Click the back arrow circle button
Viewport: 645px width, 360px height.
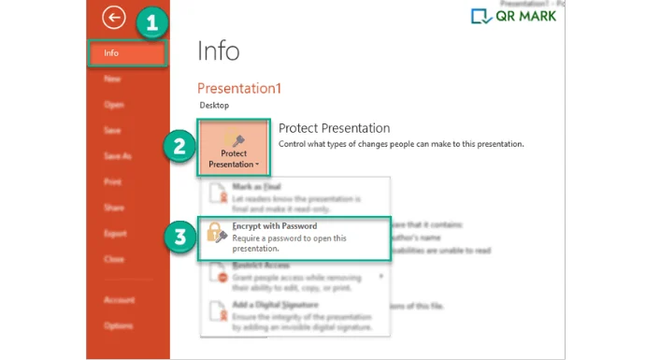tap(113, 17)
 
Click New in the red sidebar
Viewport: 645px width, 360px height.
tap(113, 79)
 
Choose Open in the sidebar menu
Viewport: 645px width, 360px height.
tap(114, 105)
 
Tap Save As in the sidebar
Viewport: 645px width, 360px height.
tap(117, 156)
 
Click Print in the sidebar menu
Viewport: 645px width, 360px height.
tap(113, 182)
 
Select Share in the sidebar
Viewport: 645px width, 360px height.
tap(114, 208)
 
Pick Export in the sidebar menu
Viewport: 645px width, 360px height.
tap(115, 233)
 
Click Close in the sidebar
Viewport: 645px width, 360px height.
tap(114, 258)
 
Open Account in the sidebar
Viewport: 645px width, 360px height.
tap(118, 299)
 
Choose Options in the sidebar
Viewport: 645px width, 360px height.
tap(118, 324)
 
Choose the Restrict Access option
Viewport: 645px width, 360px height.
tap(280, 276)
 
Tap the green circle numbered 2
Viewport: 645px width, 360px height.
tap(178, 146)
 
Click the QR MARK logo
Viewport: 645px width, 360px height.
tap(513, 16)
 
